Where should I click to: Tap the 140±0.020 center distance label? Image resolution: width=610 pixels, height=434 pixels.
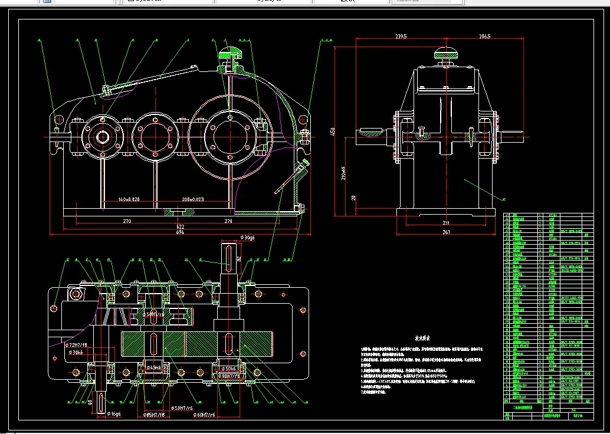point(129,199)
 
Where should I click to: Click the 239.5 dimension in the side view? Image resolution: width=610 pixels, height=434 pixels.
point(401,37)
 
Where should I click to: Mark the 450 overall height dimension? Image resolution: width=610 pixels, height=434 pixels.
point(333,131)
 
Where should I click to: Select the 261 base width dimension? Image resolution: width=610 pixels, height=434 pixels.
point(446,232)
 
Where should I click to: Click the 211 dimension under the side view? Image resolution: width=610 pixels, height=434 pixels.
point(446,223)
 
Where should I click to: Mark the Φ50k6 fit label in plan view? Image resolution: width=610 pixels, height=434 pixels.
point(231,368)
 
